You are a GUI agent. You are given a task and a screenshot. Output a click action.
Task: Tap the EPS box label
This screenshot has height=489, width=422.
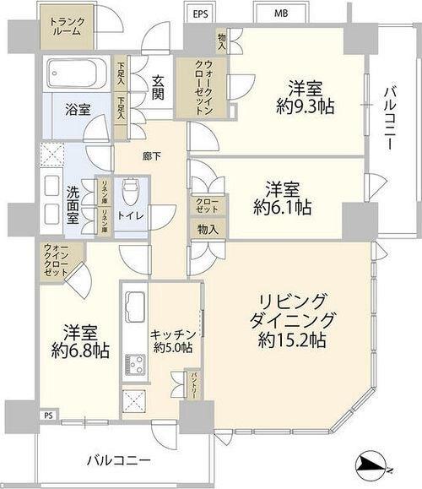(200, 14)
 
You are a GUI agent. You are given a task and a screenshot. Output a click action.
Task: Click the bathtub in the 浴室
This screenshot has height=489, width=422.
(73, 74)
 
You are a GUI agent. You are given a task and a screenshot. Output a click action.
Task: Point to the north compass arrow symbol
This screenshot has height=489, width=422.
(372, 464)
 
